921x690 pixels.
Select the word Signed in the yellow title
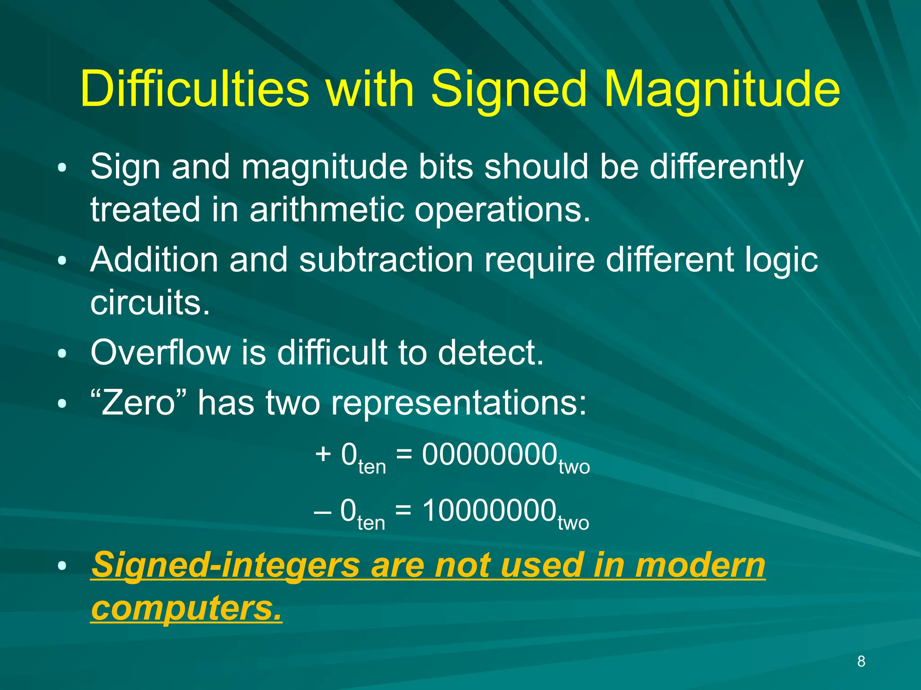tap(509, 90)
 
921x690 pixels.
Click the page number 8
tap(861, 661)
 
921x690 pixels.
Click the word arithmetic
tap(327, 209)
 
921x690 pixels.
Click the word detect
tap(491, 353)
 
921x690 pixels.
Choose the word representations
tap(459, 403)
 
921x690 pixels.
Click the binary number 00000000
tap(489, 455)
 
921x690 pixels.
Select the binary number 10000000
tap(489, 511)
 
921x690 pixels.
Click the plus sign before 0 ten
tap(323, 454)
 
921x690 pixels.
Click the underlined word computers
tap(186, 608)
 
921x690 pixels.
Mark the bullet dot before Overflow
tap(62, 354)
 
